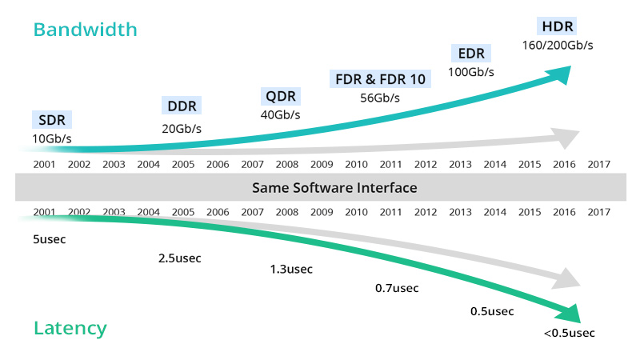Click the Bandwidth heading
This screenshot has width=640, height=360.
pos(86,30)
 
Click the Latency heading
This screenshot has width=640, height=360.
pos(70,328)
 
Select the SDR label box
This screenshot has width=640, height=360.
pos(52,121)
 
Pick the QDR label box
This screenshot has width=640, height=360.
pos(281,97)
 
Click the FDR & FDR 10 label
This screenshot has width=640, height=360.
pos(380,79)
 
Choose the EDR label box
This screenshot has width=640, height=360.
pos(471,54)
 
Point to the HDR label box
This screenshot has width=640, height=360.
pos(558,26)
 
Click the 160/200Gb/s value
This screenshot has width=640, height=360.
pos(558,45)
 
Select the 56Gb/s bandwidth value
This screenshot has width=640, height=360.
pos(380,98)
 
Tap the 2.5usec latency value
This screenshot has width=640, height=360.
pos(180,258)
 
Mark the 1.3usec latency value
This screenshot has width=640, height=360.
pos(291,269)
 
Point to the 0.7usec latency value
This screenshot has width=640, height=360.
pos(397,287)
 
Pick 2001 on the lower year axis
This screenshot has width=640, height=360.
pos(45,212)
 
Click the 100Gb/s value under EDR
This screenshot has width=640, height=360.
pos(471,72)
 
